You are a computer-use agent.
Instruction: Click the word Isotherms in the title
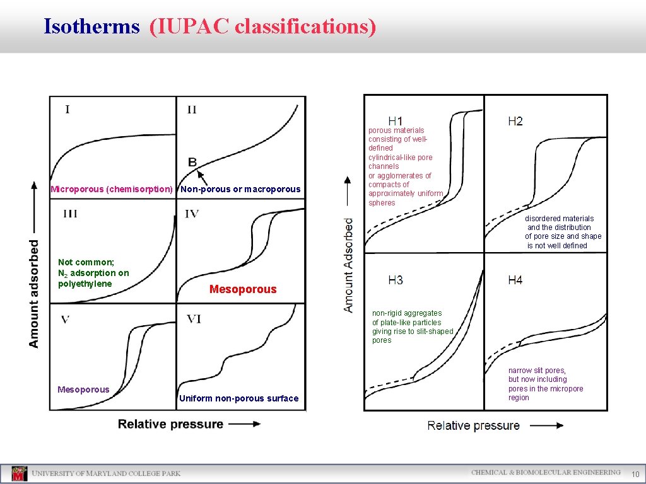pyautogui.click(x=91, y=26)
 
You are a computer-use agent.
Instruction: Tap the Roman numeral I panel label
pyautogui.click(x=68, y=110)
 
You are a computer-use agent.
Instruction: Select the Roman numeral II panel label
pyautogui.click(x=192, y=110)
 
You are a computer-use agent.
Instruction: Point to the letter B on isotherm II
pyautogui.click(x=192, y=162)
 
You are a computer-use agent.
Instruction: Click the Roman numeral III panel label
pyautogui.click(x=70, y=214)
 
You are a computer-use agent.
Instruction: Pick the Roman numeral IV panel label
pyautogui.click(x=192, y=214)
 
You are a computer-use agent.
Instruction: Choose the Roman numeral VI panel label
pyautogui.click(x=194, y=319)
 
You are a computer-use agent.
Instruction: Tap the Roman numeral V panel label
pyautogui.click(x=66, y=319)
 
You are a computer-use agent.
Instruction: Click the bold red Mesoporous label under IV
pyautogui.click(x=243, y=289)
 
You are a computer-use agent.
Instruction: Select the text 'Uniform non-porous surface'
pyautogui.click(x=238, y=398)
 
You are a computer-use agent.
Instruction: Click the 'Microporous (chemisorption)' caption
pyautogui.click(x=112, y=189)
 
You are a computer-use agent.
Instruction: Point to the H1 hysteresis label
pyautogui.click(x=396, y=121)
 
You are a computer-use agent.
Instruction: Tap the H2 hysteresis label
pyautogui.click(x=515, y=121)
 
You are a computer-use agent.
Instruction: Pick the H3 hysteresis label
pyautogui.click(x=396, y=280)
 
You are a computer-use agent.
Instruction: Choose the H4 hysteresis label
pyautogui.click(x=515, y=280)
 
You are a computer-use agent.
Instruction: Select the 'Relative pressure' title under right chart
pyautogui.click(x=473, y=425)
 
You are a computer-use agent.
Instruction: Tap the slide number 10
pyautogui.click(x=635, y=474)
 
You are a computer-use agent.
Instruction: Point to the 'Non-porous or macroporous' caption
pyautogui.click(x=240, y=189)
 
